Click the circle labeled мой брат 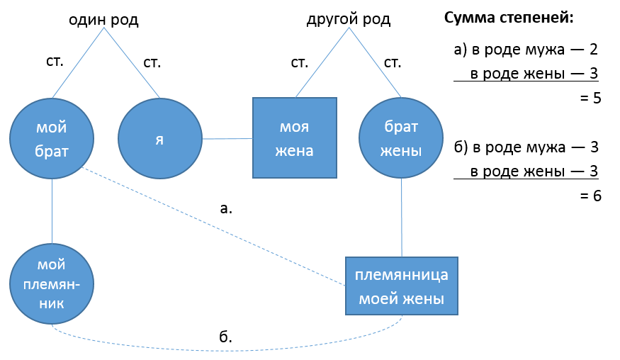point(52,138)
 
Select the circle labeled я point(159,138)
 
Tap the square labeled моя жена point(295,138)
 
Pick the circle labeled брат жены point(402,138)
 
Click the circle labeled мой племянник point(52,283)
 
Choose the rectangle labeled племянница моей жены point(402,286)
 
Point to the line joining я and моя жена point(227,139)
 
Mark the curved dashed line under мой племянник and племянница point(227,349)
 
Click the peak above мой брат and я point(104,28)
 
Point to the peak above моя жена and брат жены point(349,28)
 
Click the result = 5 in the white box point(590,99)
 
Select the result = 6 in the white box point(590,196)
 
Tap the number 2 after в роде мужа point(594,50)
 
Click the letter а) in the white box point(461,50)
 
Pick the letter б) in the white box point(461,148)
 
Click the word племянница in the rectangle point(402,275)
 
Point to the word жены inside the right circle point(402,151)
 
